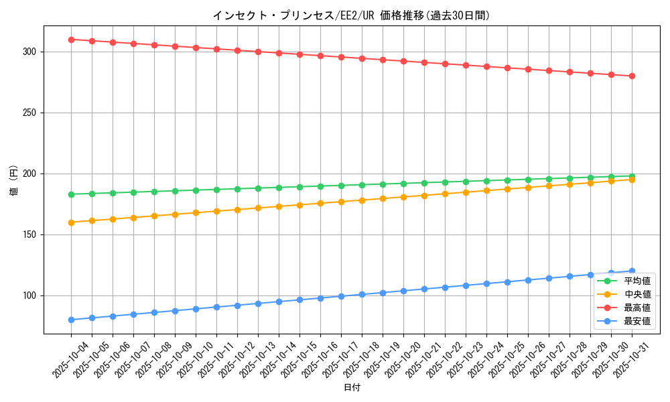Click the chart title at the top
tap(351, 15)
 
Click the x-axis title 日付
tap(351, 388)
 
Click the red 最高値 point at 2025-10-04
tap(71, 40)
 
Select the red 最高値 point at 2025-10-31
tap(632, 76)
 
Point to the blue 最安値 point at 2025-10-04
tap(71, 320)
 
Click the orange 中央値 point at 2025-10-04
tap(71, 222)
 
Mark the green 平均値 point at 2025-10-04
tap(71, 194)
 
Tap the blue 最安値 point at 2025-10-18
tap(362, 294)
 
